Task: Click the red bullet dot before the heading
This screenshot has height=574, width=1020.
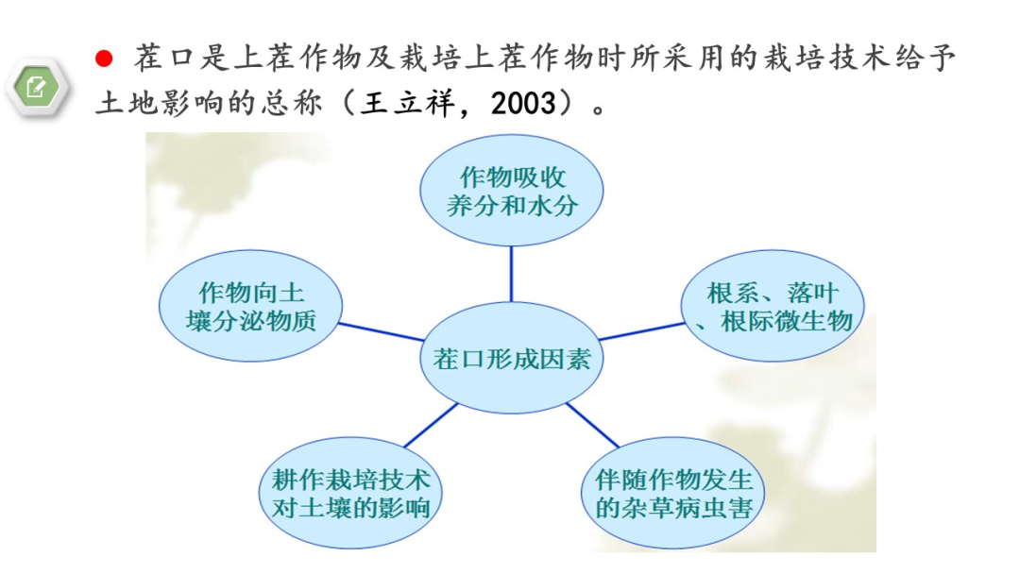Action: click(x=104, y=59)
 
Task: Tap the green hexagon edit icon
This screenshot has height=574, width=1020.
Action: click(x=37, y=87)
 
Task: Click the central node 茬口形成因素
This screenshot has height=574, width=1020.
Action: click(x=511, y=358)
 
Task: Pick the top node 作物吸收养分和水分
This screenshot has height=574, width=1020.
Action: click(x=511, y=191)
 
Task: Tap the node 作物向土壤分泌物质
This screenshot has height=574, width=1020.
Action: click(x=250, y=306)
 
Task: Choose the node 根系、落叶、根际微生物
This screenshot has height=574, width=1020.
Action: click(x=773, y=306)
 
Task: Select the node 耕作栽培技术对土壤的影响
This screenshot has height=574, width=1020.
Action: click(x=350, y=493)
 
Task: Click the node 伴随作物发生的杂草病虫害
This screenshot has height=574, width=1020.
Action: click(x=672, y=493)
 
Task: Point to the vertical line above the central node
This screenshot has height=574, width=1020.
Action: click(x=511, y=275)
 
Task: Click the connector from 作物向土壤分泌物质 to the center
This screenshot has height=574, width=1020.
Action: click(x=382, y=331)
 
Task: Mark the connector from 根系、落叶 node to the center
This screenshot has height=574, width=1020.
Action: click(x=641, y=330)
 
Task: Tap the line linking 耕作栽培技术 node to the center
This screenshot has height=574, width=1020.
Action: click(x=432, y=425)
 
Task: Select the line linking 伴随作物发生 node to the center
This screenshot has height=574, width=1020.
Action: click(x=592, y=425)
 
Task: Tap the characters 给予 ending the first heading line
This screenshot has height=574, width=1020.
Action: click(x=925, y=58)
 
